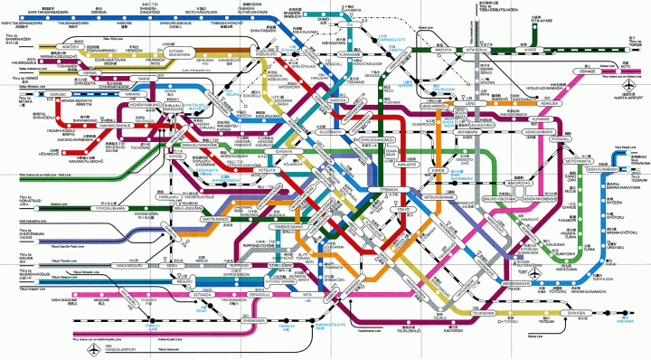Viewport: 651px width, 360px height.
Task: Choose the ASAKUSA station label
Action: (x=525, y=103)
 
